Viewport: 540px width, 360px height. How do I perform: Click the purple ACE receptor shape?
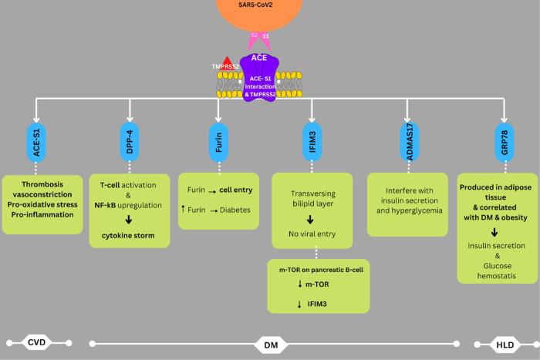coord(263,78)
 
